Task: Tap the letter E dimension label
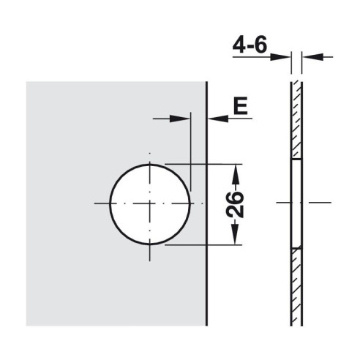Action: [x=241, y=106]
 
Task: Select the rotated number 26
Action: [x=235, y=204]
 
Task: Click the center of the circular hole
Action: [x=150, y=204]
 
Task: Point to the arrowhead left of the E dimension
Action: [x=180, y=119]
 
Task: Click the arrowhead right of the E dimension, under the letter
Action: [x=218, y=119]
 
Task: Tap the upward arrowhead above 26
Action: [x=235, y=174]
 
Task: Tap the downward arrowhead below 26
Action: [x=235, y=234]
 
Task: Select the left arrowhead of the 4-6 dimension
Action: [x=280, y=57]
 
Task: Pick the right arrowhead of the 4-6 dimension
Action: [x=313, y=57]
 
